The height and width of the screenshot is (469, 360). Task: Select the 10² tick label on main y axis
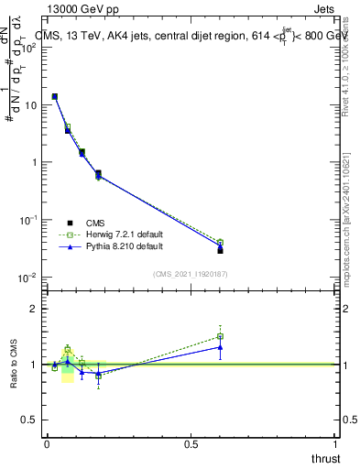tap(29, 48)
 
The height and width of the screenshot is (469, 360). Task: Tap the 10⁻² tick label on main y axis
tap(29, 278)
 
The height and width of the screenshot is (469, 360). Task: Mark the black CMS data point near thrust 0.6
tap(220, 249)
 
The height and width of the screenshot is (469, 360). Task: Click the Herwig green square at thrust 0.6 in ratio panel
tap(220, 336)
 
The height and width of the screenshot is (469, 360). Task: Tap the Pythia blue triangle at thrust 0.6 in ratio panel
tap(220, 347)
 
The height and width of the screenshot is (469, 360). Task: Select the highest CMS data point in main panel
tap(55, 96)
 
